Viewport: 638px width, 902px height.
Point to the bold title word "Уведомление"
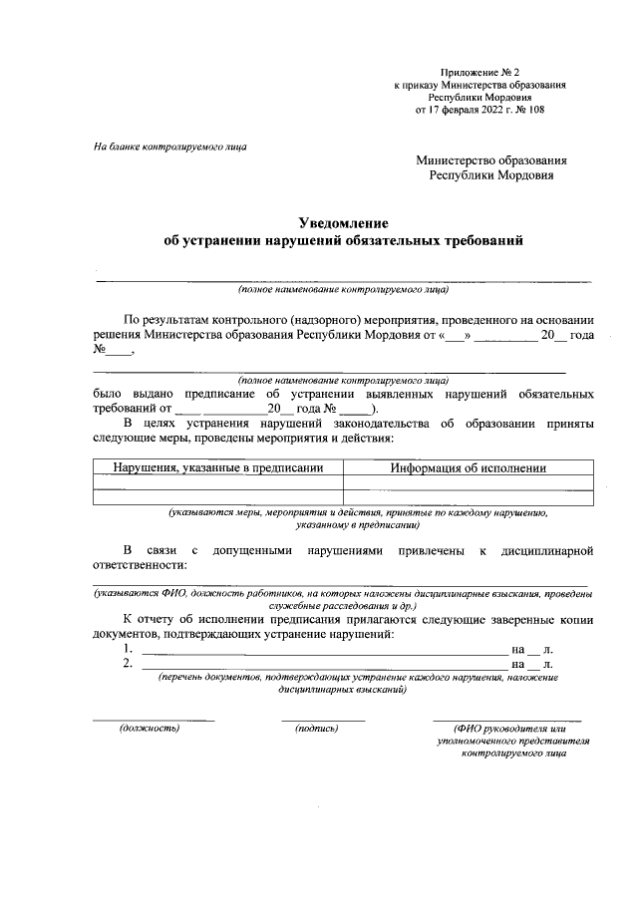point(342,222)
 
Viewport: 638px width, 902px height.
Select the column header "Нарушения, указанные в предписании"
point(217,466)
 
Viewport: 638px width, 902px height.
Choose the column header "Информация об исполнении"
point(467,466)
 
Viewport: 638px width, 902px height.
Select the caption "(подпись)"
point(318,728)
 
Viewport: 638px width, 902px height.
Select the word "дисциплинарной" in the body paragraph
point(546,549)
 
